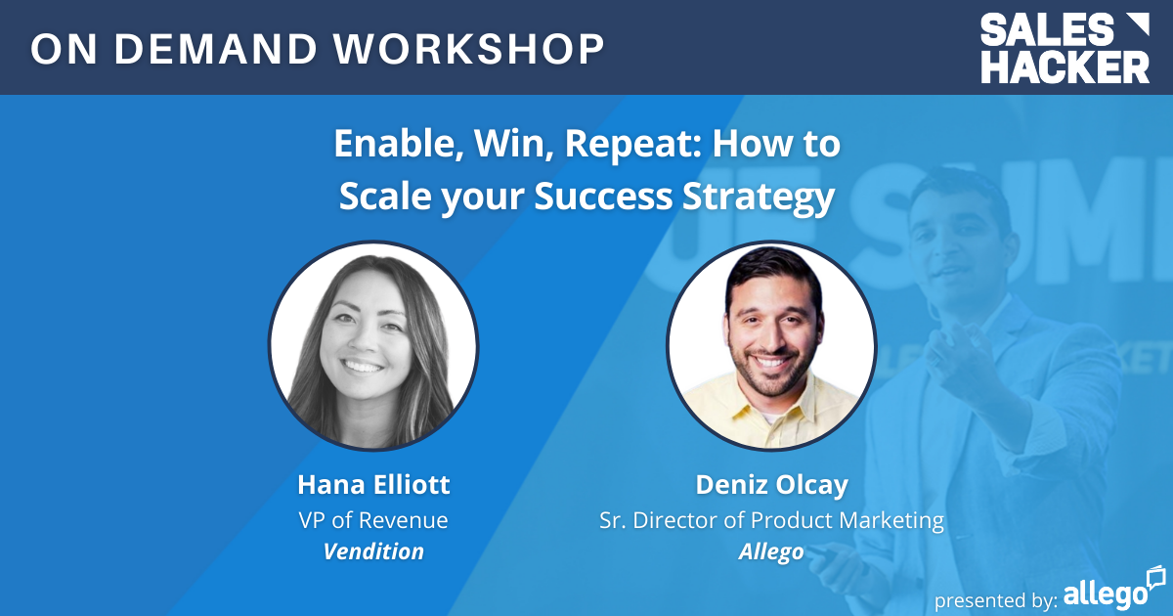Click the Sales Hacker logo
[x=1064, y=48]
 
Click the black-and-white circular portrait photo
[x=373, y=346]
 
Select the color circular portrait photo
[x=771, y=346]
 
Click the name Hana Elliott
[x=373, y=485]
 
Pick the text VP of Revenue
[x=373, y=519]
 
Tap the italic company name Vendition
[x=373, y=551]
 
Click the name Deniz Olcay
[x=771, y=485]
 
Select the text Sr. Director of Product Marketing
[x=771, y=519]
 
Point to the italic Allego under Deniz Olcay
[x=771, y=551]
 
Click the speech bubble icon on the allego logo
[x=1155, y=576]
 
